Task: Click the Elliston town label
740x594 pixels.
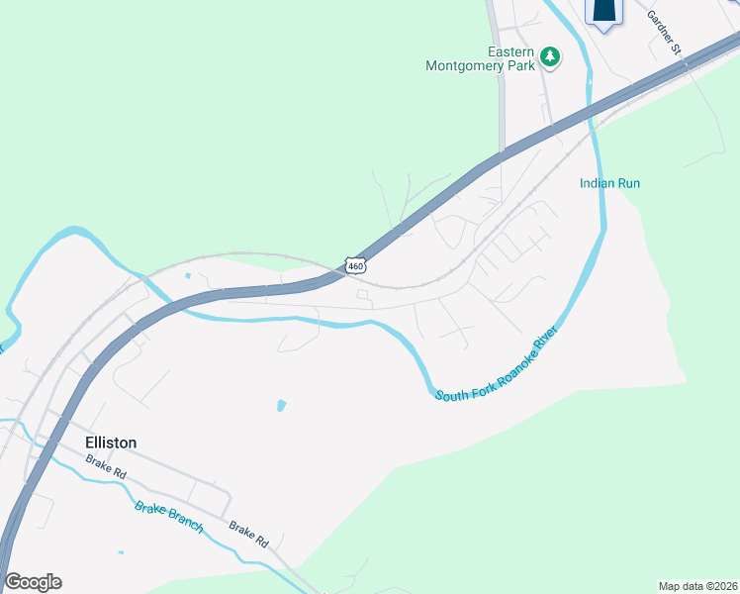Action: [104, 443]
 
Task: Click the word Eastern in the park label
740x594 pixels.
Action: [510, 51]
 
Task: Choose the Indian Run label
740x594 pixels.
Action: [609, 183]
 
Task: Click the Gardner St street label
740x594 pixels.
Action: [665, 31]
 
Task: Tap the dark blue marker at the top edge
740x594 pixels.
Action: [603, 11]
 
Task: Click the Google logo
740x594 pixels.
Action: [33, 582]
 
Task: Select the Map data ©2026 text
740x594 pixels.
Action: [696, 586]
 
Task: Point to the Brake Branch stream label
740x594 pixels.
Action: [169, 517]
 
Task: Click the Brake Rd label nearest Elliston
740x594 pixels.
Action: [106, 466]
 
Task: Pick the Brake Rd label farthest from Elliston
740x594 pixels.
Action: [248, 535]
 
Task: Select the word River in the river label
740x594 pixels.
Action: [547, 336]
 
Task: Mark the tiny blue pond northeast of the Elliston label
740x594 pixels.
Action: [282, 405]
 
